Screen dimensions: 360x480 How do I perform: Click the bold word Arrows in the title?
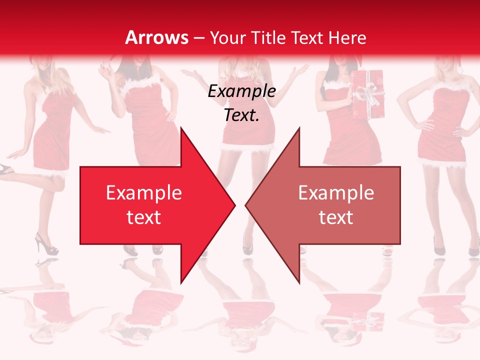coord(157,37)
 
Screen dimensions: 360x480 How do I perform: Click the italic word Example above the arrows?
coord(241,91)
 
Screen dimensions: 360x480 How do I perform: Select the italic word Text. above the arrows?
coord(241,115)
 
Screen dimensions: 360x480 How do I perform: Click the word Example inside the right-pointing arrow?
coord(143,193)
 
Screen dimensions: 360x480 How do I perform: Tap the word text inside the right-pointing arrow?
coord(143,217)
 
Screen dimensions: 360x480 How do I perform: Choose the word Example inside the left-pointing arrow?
coord(336,193)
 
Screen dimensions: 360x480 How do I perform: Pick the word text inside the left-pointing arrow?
coord(336,217)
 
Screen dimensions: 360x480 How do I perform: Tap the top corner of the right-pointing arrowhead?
coord(180,128)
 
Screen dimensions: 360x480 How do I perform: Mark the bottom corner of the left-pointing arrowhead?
coord(299,282)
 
